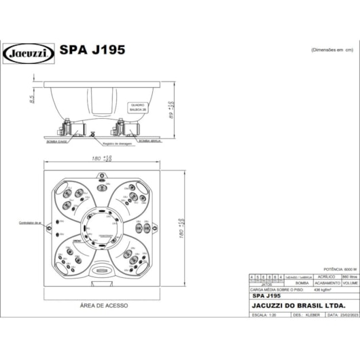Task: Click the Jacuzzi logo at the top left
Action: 29,52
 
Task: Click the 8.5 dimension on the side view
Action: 31,101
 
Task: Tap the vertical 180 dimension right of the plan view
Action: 182,228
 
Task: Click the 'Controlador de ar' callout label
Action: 31,222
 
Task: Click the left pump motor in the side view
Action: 69,128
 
